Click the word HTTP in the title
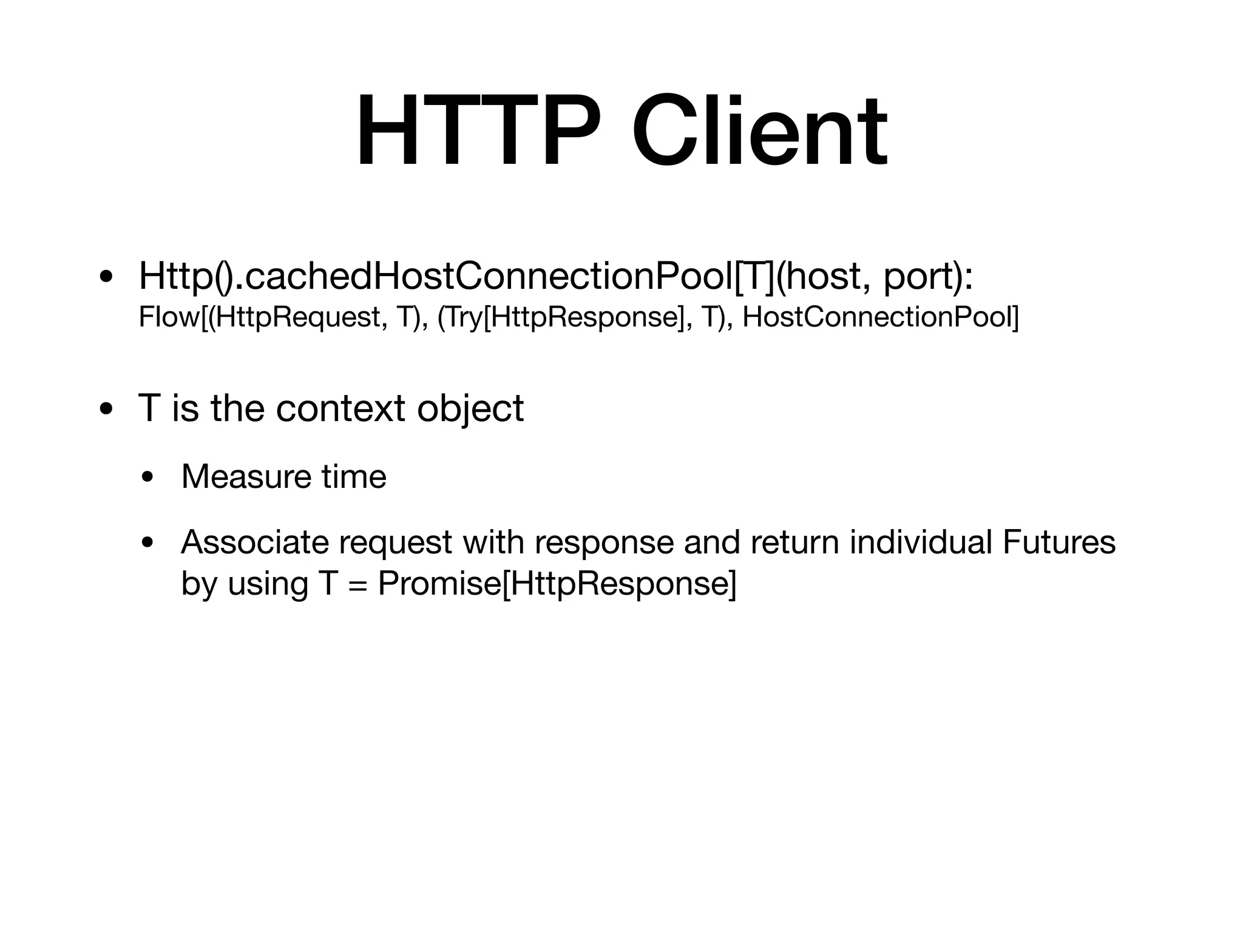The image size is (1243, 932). (478, 132)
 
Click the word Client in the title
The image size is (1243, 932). (759, 132)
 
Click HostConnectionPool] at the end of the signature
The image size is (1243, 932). (880, 317)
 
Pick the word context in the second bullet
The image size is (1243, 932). (340, 408)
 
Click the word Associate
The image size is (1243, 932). (254, 542)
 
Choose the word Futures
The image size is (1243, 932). (1059, 542)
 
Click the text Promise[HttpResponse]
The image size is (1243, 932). (557, 584)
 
